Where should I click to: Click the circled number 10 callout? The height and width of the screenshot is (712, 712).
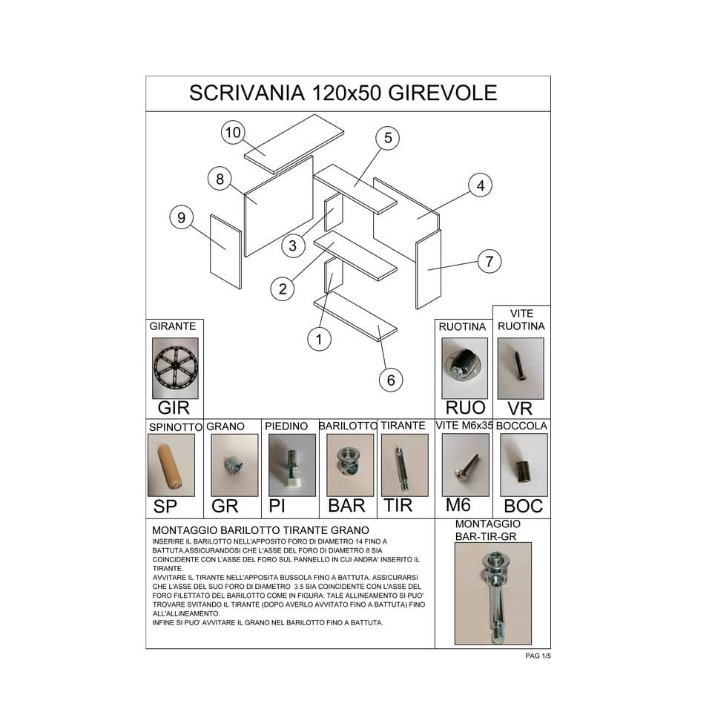(233, 133)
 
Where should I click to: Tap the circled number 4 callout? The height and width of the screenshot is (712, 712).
(481, 185)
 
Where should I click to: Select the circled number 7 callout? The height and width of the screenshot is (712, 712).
(489, 262)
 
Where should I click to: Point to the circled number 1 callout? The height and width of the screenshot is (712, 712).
(319, 339)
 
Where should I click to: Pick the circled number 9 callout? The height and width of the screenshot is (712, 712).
(181, 217)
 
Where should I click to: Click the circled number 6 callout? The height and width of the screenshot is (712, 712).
(391, 380)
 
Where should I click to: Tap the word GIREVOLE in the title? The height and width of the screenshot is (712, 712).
(443, 93)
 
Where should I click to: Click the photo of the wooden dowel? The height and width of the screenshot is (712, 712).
(171, 466)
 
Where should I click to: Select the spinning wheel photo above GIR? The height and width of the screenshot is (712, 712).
(175, 369)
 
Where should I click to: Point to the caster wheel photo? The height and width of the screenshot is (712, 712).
(464, 369)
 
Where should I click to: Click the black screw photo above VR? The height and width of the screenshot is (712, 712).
(521, 369)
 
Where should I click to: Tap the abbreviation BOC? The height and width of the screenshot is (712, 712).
(523, 506)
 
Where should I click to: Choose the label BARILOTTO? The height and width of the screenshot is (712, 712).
(349, 426)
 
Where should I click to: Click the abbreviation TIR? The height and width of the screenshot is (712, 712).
(398, 505)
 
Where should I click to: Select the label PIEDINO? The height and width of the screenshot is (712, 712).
(286, 426)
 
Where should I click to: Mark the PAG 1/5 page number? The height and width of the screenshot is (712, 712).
(538, 656)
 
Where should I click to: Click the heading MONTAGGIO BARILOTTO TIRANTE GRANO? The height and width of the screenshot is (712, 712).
(260, 530)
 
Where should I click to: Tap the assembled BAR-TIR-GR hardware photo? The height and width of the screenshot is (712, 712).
(493, 593)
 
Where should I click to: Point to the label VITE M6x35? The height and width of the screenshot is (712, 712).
(464, 426)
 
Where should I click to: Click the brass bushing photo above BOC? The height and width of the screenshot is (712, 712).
(524, 465)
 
